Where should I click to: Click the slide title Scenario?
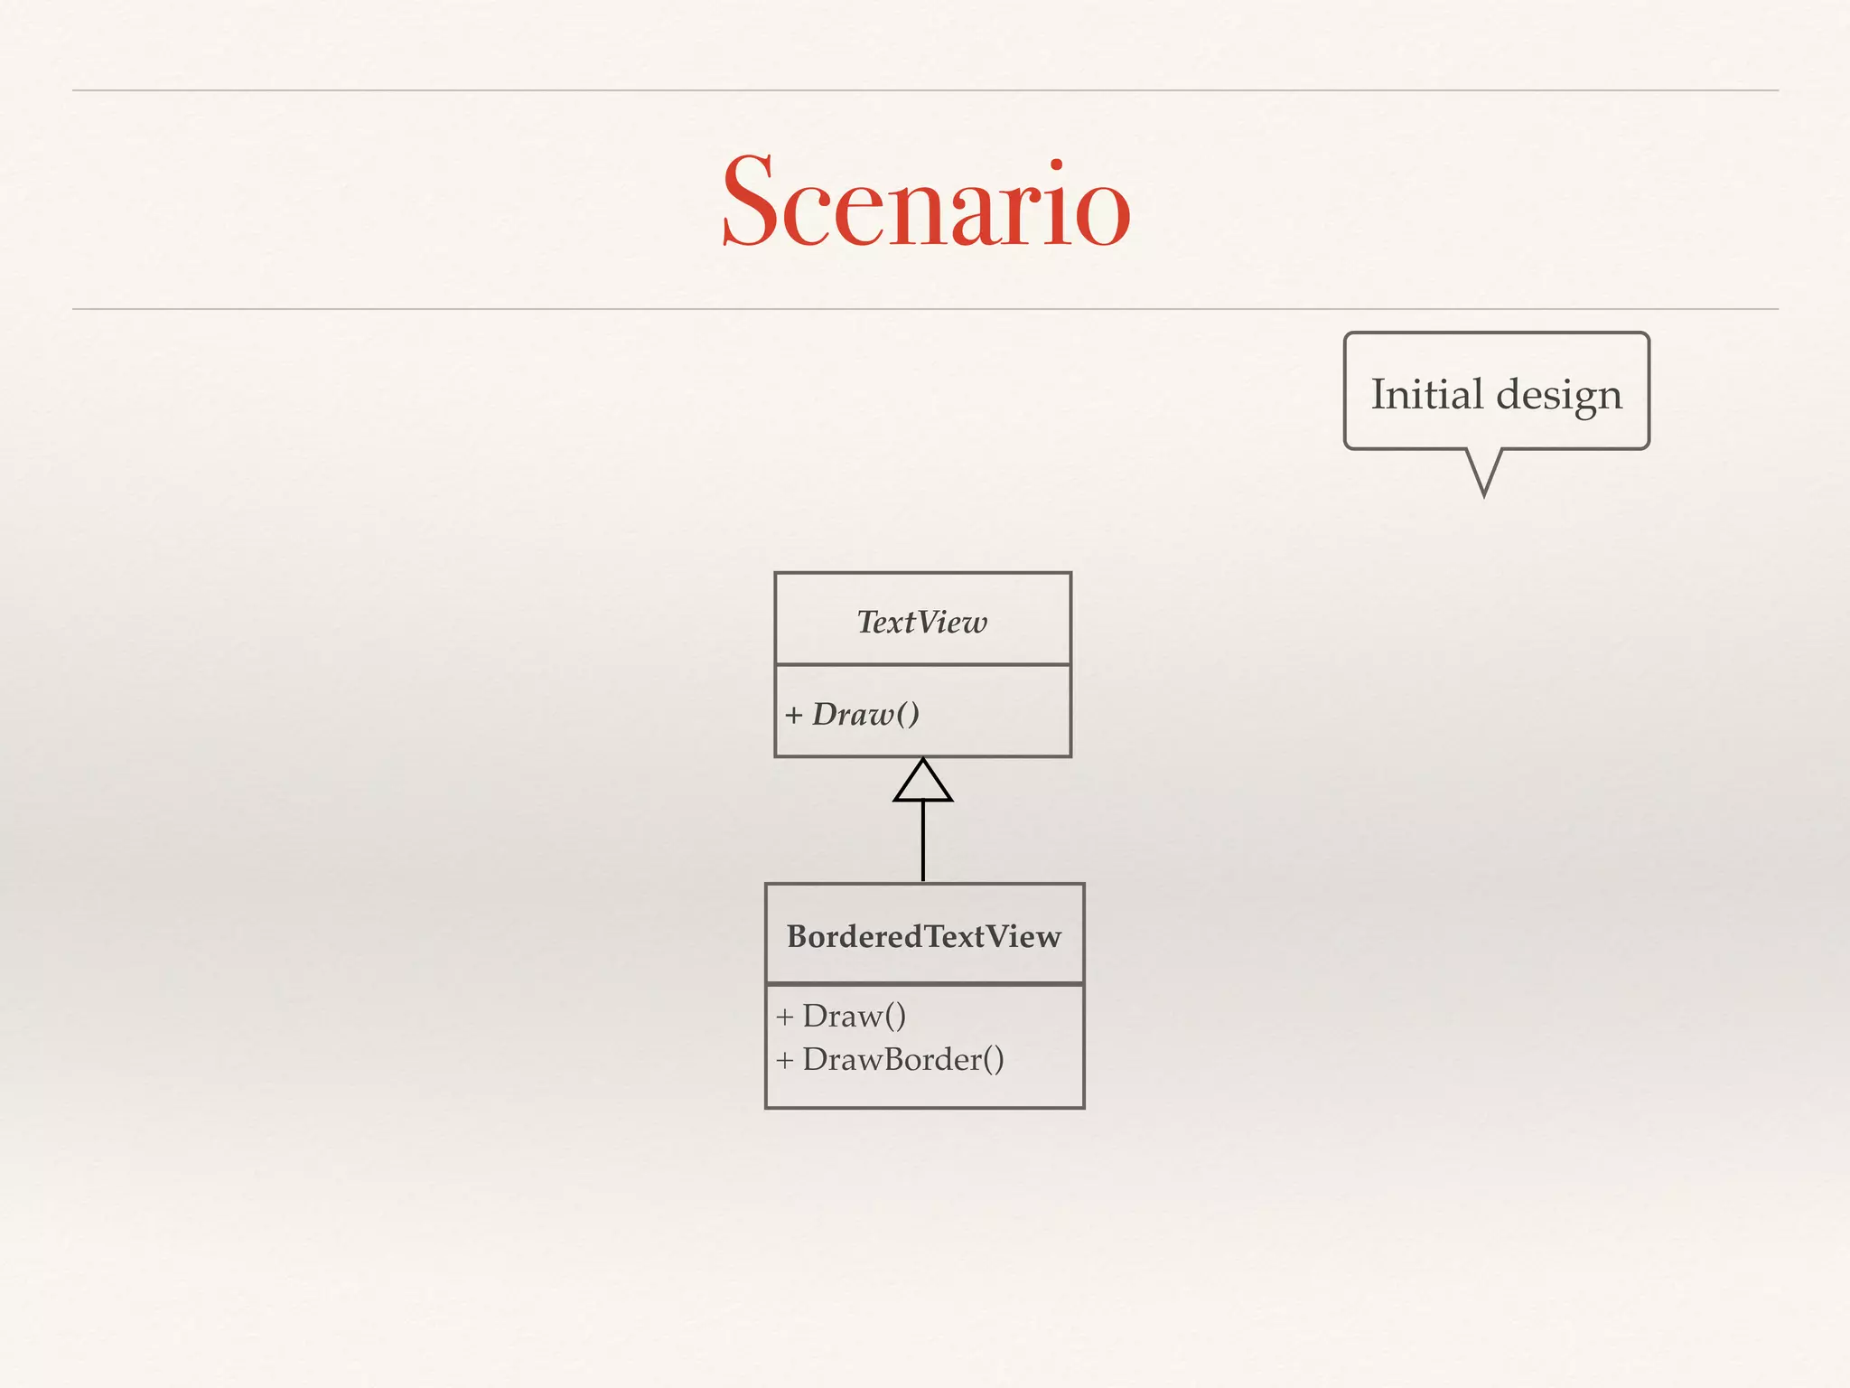click(x=925, y=202)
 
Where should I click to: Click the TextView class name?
click(x=922, y=622)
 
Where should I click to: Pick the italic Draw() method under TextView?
click(x=865, y=714)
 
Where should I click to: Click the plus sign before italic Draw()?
click(x=793, y=716)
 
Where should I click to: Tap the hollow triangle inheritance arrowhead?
click(x=922, y=782)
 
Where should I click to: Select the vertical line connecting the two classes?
click(x=922, y=840)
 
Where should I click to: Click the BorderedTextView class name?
click(x=924, y=936)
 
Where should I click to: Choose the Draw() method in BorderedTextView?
click(x=854, y=1016)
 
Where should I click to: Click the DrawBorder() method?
click(x=902, y=1059)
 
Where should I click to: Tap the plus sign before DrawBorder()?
click(x=784, y=1060)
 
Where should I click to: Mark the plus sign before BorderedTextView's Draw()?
click(x=784, y=1017)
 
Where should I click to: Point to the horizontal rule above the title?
click(x=925, y=90)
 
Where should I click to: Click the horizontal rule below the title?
click(x=925, y=309)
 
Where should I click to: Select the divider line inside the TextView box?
click(x=922, y=665)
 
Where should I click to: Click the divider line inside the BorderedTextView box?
click(x=924, y=983)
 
